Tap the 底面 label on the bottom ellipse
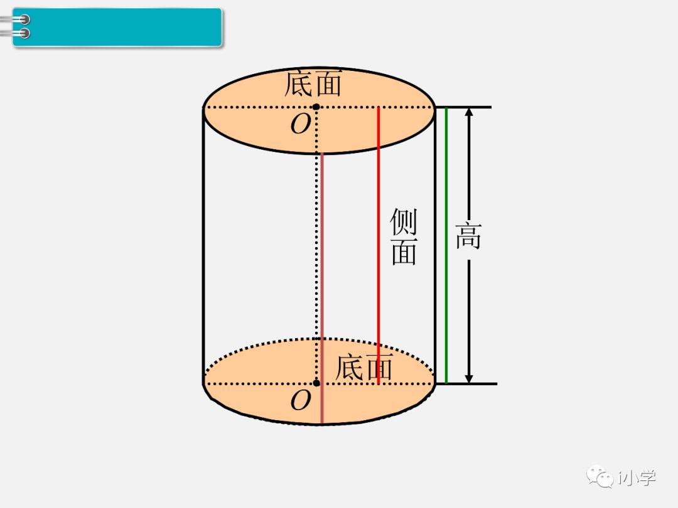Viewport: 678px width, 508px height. click(364, 367)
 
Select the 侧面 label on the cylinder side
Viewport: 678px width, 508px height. click(404, 236)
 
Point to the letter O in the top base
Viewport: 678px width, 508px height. click(300, 125)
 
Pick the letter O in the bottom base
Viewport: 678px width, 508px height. click(301, 401)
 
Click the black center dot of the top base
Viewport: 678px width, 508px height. click(316, 107)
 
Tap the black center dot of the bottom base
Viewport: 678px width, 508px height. click(316, 383)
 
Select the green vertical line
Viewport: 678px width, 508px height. click(446, 245)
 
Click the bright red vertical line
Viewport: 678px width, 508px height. click(379, 245)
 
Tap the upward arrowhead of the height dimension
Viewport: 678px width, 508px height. click(469, 113)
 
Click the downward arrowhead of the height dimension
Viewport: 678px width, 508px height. click(469, 378)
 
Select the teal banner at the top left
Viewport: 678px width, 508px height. click(119, 27)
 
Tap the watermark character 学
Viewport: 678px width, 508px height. click(645, 477)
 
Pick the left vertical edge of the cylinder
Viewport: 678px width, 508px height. click(203, 245)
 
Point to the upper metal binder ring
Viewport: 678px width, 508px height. click(23, 20)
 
